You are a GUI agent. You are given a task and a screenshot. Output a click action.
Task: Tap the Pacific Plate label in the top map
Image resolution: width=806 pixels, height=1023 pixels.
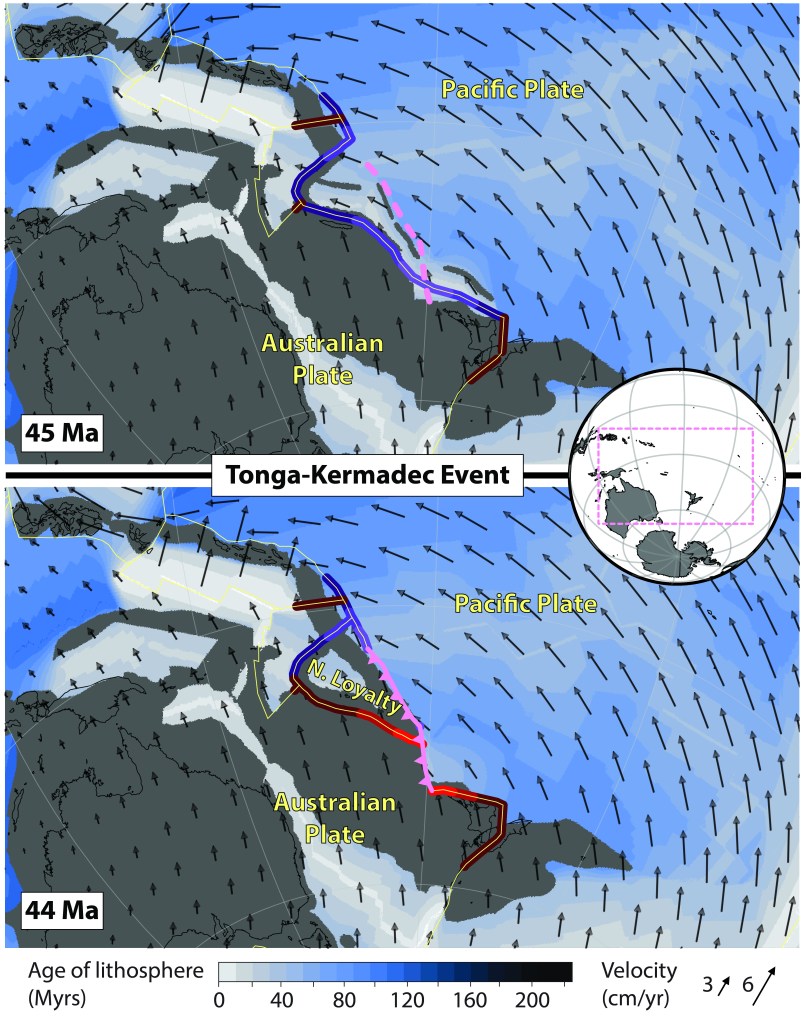(514, 90)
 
